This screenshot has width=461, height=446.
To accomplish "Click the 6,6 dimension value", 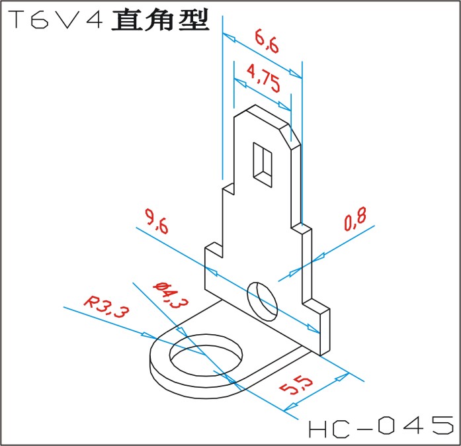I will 266,44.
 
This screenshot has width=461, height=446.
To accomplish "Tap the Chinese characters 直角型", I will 160,20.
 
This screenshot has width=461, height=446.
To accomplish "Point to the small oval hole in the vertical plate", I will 263,300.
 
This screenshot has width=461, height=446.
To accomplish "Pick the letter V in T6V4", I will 69,21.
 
